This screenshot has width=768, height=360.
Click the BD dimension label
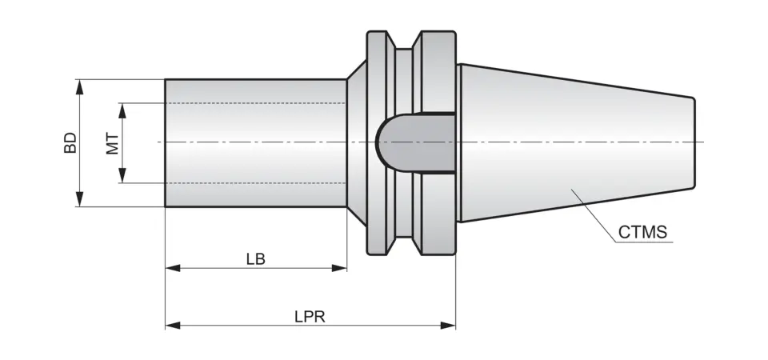tap(70, 143)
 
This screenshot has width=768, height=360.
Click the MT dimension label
tap(112, 143)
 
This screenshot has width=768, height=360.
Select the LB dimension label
tap(256, 259)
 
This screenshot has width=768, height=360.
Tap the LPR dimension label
tap(310, 316)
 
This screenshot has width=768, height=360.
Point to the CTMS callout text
tap(642, 233)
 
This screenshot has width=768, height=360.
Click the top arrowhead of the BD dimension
tap(79, 84)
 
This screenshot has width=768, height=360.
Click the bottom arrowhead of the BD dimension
tap(79, 202)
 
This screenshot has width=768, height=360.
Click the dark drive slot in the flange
tap(416, 142)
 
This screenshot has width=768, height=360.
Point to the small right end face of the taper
tap(694, 142)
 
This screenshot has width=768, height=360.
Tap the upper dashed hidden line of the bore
tap(256, 103)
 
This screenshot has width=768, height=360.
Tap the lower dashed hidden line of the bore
tap(256, 182)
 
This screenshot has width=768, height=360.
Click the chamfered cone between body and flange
tap(356, 142)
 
